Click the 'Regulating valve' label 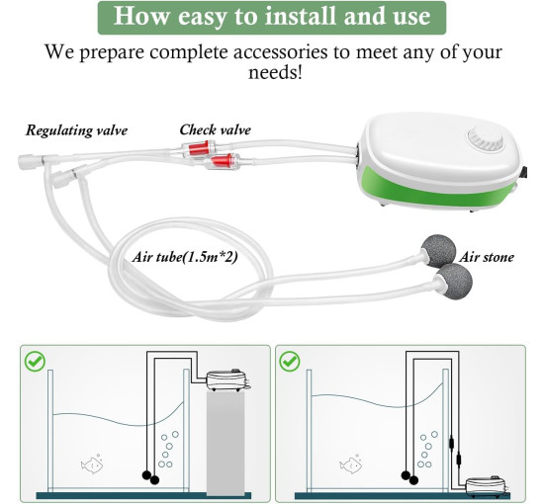point(77,130)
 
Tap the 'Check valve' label point(215,130)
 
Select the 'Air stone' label point(487,257)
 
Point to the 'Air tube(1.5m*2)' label point(185,257)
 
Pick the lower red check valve point(221,161)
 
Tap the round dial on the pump point(486,139)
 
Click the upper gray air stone point(438,251)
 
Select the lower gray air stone point(454,281)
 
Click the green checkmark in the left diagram point(35,361)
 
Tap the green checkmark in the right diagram point(290,361)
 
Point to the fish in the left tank point(92,463)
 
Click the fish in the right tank point(351,463)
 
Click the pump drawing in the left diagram point(227,379)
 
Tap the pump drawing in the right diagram point(487,486)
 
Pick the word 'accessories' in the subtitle point(280,52)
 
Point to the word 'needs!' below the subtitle point(275,73)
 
